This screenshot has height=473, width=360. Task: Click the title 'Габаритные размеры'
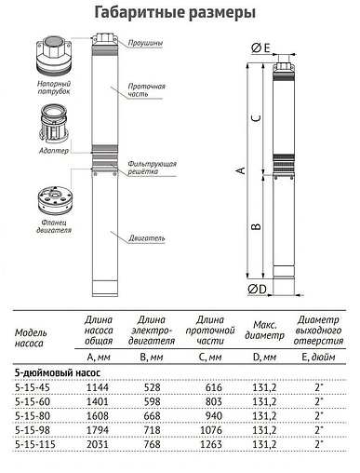(180, 12)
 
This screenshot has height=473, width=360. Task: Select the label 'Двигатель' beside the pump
(146, 238)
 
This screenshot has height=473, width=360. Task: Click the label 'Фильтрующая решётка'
(153, 168)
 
